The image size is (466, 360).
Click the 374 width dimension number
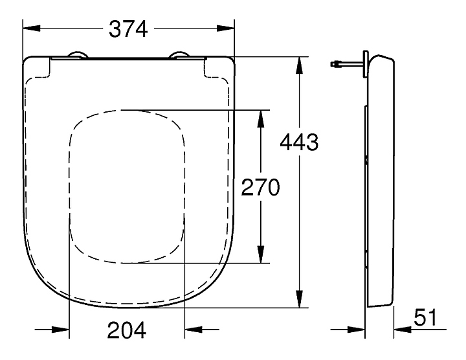point(128,29)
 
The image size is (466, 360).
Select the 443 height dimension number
point(299,142)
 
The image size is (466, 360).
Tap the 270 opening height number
point(260,187)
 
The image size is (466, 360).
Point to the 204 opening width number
point(127,330)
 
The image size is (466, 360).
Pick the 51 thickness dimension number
point(426,317)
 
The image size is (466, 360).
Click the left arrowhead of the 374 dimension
point(32,28)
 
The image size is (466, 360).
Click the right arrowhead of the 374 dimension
point(226,28)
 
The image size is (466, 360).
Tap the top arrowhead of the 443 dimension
point(300,65)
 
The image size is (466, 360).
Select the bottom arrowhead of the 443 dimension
point(300,299)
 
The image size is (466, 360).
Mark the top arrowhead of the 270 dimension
point(261,119)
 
